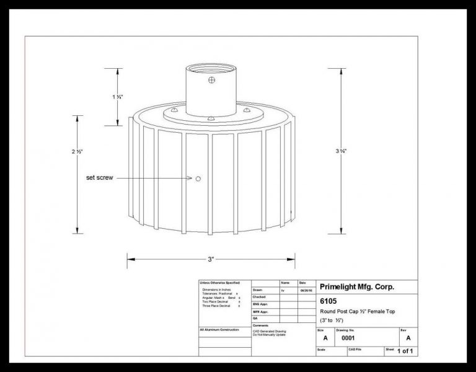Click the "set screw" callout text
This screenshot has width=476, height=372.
point(99,179)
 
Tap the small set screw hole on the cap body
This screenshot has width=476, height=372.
point(198,179)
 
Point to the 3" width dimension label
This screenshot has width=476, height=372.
point(211,259)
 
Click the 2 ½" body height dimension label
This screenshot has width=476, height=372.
point(78,151)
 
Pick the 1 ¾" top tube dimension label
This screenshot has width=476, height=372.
point(118,97)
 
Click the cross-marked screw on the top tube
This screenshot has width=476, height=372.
point(212,79)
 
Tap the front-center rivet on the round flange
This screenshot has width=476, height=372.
point(211,118)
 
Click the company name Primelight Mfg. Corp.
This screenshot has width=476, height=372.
point(356,287)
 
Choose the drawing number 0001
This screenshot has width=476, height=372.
point(348,339)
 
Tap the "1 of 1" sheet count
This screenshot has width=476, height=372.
point(405,352)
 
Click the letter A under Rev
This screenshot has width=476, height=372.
point(408,339)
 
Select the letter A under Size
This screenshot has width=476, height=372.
point(325,339)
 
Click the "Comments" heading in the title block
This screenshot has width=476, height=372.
point(260,325)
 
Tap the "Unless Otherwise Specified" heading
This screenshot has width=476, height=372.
point(221,283)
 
